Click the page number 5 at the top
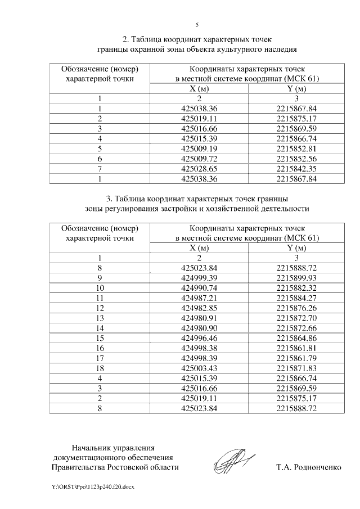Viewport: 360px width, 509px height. (196, 25)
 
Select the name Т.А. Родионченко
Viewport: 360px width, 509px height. (308, 467)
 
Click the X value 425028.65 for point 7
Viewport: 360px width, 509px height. (200, 169)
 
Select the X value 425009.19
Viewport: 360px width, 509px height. (200, 149)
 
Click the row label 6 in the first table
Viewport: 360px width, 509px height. (100, 159)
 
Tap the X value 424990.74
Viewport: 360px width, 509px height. (200, 288)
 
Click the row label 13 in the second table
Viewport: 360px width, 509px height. (100, 318)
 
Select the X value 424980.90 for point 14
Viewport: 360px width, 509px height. (200, 327)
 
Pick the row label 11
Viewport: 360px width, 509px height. (100, 298)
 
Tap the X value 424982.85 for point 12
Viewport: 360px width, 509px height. (200, 308)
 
